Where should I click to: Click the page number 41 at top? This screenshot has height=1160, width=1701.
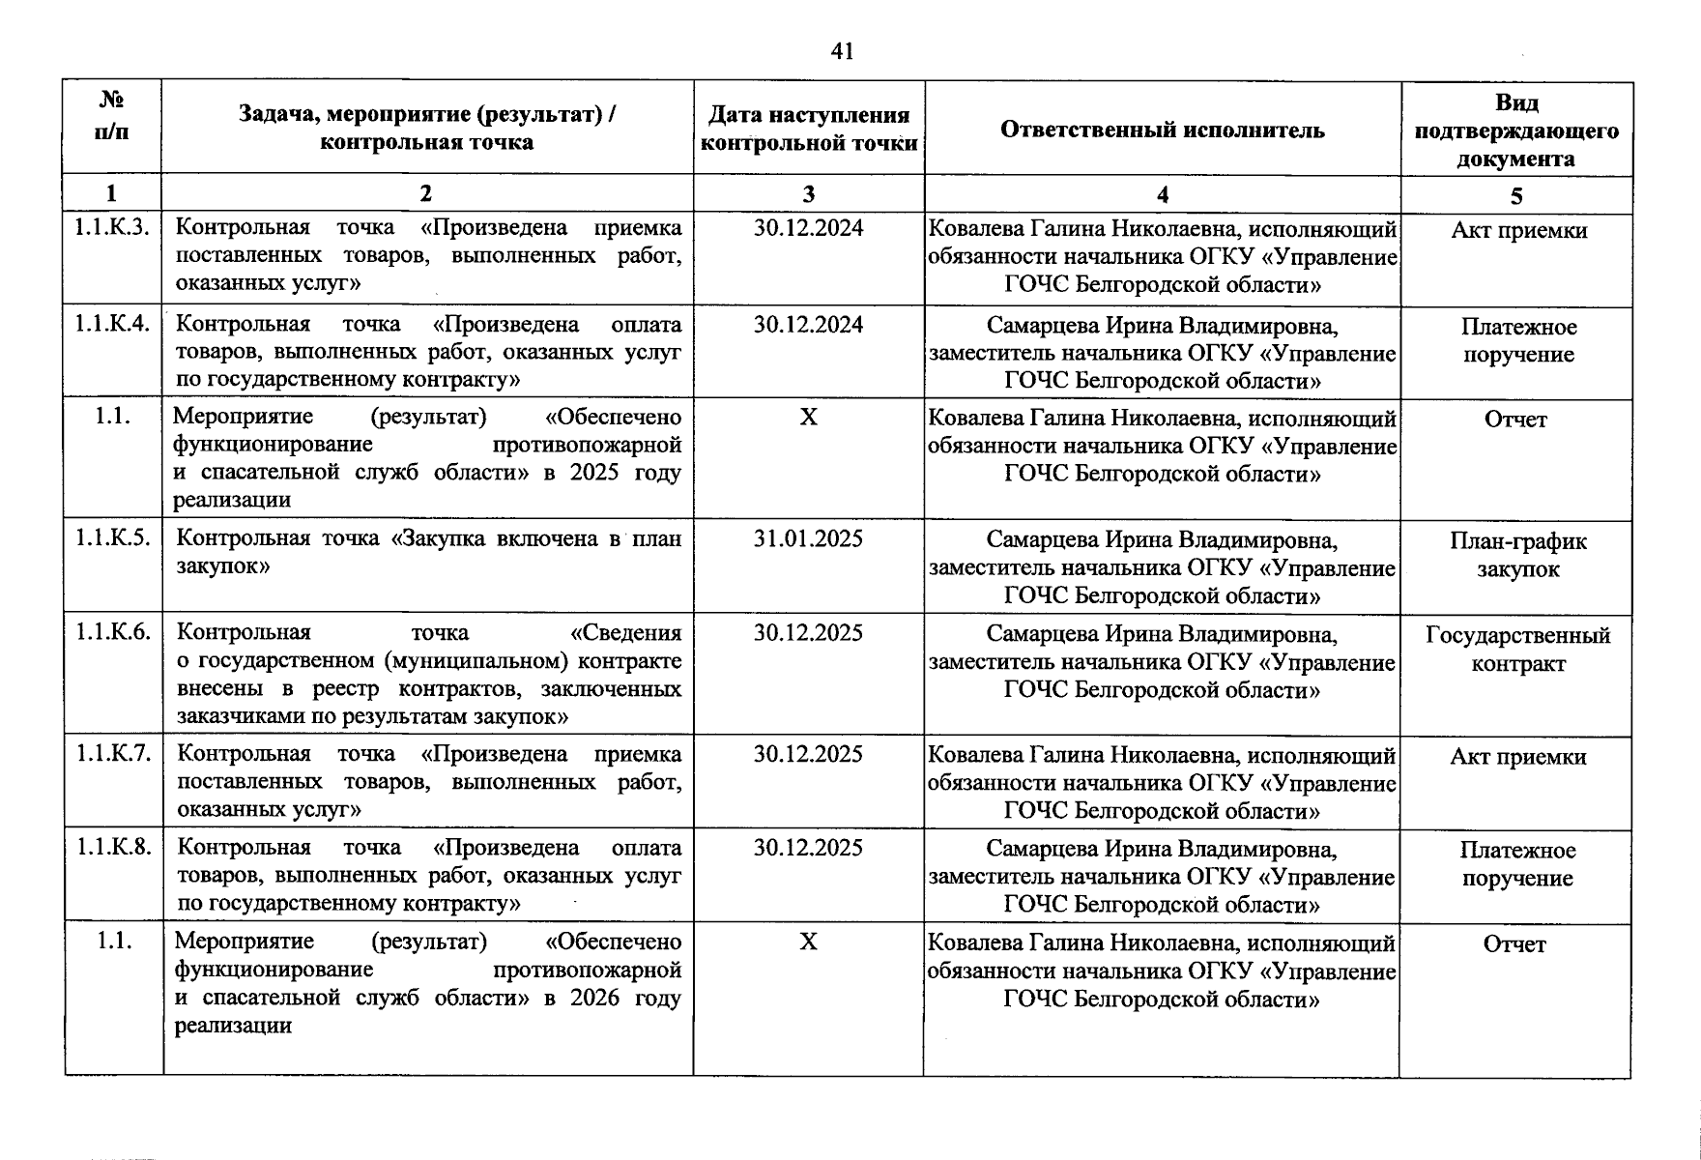pyautogui.click(x=842, y=51)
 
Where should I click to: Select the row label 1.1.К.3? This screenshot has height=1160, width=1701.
pyautogui.click(x=113, y=227)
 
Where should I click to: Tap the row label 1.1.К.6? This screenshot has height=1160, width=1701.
pyautogui.click(x=113, y=632)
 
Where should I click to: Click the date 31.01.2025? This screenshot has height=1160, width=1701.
pyautogui.click(x=808, y=538)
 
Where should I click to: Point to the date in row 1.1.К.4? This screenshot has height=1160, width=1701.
pyautogui.click(x=808, y=324)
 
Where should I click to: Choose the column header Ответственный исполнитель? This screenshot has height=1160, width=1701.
pyautogui.click(x=1162, y=130)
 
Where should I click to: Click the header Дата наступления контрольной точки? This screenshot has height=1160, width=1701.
pyautogui.click(x=808, y=130)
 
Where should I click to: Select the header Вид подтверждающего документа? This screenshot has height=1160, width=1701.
pyautogui.click(x=1515, y=130)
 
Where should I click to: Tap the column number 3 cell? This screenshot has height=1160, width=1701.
pyautogui.click(x=808, y=194)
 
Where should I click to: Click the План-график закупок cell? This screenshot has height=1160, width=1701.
pyautogui.click(x=1517, y=555)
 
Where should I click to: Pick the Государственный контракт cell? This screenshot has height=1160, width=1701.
pyautogui.click(x=1517, y=650)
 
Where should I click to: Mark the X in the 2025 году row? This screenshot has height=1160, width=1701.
pyautogui.click(x=808, y=417)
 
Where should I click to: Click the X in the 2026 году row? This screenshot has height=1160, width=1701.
pyautogui.click(x=808, y=942)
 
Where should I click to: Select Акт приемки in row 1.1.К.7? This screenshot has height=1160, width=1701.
pyautogui.click(x=1517, y=757)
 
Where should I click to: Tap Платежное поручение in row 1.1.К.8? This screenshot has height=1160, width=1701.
pyautogui.click(x=1517, y=864)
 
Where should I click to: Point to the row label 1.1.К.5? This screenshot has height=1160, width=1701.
pyautogui.click(x=113, y=538)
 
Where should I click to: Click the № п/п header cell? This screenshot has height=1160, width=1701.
pyautogui.click(x=112, y=116)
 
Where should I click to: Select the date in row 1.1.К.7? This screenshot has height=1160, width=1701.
pyautogui.click(x=808, y=754)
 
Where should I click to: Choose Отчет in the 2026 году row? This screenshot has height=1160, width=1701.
pyautogui.click(x=1514, y=944)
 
